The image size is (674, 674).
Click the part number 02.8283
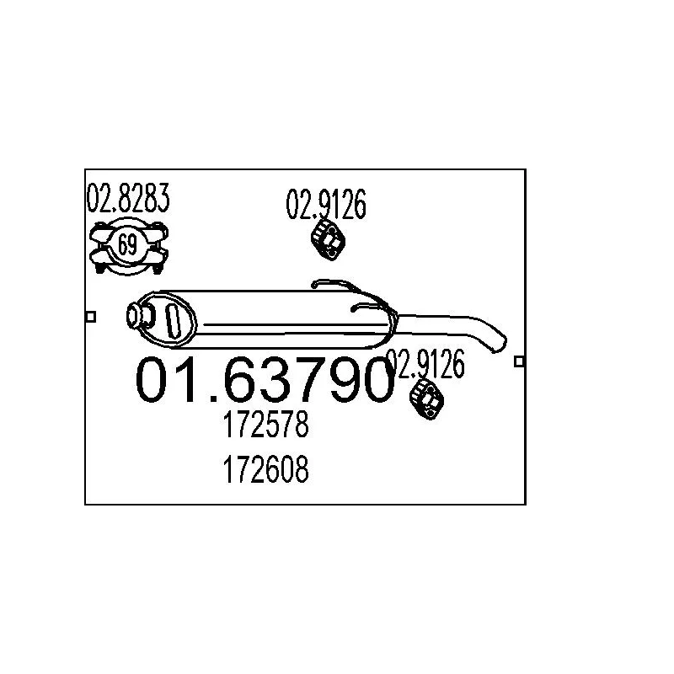tap(128, 198)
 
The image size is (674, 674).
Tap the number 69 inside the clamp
tap(127, 245)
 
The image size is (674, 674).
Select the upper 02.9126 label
tap(326, 204)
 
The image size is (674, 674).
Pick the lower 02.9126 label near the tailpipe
tap(425, 364)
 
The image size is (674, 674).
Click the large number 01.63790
tap(265, 380)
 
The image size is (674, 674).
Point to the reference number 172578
tap(265, 425)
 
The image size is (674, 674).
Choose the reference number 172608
tap(265, 469)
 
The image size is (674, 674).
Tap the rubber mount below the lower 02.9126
tap(426, 399)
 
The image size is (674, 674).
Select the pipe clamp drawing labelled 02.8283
tap(129, 247)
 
